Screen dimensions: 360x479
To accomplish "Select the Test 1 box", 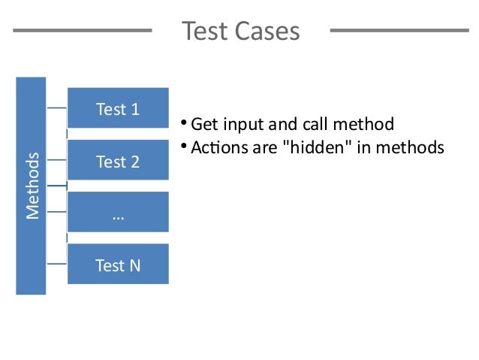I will [x=118, y=109].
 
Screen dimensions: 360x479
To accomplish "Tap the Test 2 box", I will [x=118, y=161].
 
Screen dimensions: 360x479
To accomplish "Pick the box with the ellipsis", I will [x=118, y=213].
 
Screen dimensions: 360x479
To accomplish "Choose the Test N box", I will [x=118, y=265].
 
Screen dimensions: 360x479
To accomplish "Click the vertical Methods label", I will [x=32, y=185].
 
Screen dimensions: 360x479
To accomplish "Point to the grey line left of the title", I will [x=83, y=31].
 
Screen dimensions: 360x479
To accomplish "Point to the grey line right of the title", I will [x=399, y=31].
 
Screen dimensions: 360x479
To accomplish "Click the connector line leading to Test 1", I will [x=57, y=109].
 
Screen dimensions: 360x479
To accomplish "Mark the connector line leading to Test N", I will [x=57, y=264].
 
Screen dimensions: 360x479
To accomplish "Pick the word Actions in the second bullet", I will [x=215, y=147].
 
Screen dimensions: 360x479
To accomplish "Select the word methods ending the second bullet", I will [x=411, y=147].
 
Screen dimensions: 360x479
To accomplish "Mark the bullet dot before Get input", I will [x=183, y=123].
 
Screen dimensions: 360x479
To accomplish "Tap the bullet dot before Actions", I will [x=183, y=146].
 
